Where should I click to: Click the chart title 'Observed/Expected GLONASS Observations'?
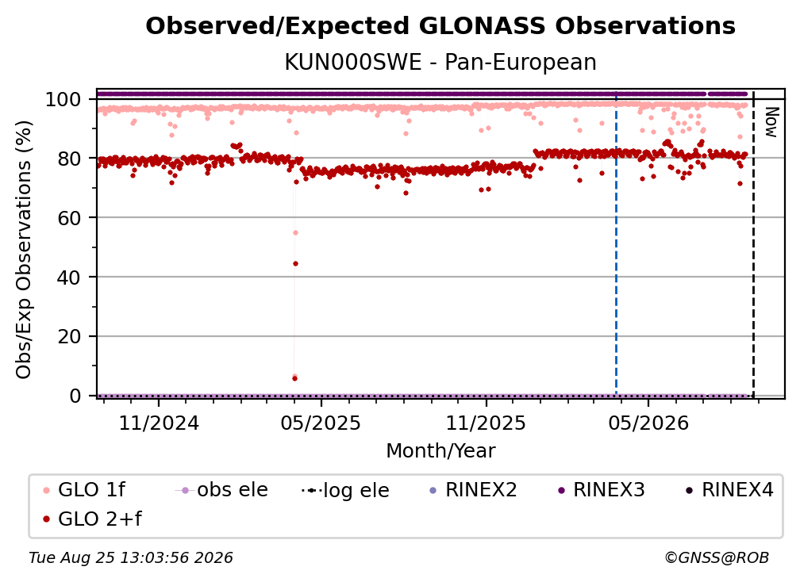click(440, 26)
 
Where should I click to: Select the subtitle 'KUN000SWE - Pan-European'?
click(440, 63)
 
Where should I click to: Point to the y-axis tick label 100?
click(63, 99)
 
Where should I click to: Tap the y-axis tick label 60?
click(69, 218)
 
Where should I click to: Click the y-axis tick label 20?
click(69, 337)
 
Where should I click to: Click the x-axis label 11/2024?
click(159, 423)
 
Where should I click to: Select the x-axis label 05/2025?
click(321, 423)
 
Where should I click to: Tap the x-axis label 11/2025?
click(486, 423)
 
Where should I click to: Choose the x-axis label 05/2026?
click(648, 423)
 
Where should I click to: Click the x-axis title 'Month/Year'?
click(440, 451)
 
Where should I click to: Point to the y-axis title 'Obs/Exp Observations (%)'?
click(24, 250)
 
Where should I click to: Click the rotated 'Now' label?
click(771, 122)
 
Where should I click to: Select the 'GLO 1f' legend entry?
click(84, 490)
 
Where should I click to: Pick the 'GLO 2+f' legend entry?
click(92, 519)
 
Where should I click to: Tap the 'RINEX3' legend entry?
click(602, 490)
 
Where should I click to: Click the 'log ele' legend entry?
click(345, 490)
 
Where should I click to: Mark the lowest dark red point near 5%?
click(295, 378)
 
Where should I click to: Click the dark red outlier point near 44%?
click(295, 263)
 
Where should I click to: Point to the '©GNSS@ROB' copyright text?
click(717, 558)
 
